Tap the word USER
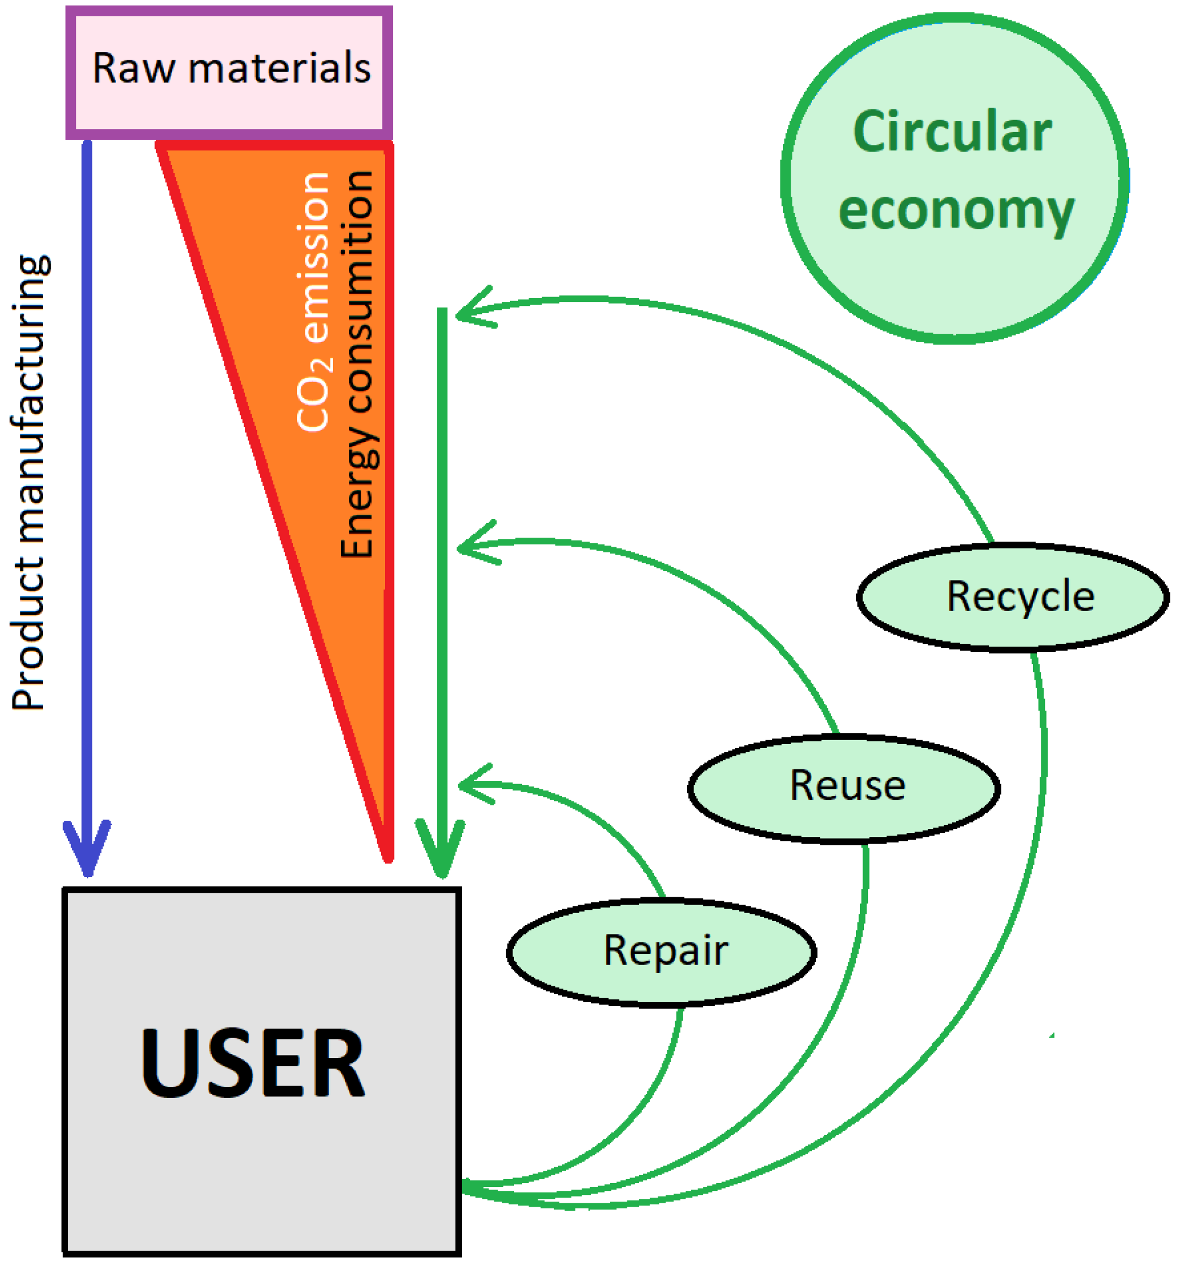pyautogui.click(x=253, y=1064)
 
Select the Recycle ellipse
pyautogui.click(x=1012, y=598)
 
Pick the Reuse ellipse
pyautogui.click(x=843, y=788)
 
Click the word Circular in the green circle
pyautogui.click(x=951, y=132)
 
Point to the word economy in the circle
pyautogui.click(x=955, y=210)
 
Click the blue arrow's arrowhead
pyautogui.click(x=87, y=854)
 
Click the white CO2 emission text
pyautogui.click(x=313, y=301)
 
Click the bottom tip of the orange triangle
pyautogui.click(x=387, y=857)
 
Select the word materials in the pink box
pyautogui.click(x=279, y=68)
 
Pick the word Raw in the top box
pyautogui.click(x=133, y=68)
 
